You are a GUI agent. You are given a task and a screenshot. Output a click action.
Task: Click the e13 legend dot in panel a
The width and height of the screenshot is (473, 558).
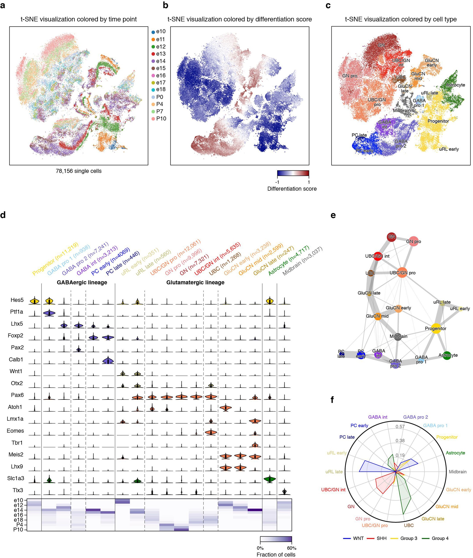[x=153, y=54]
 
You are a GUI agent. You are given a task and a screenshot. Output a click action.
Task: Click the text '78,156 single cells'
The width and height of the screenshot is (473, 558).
[x=79, y=171]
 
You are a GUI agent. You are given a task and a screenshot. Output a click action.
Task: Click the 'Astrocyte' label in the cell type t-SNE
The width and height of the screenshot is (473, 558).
[x=455, y=85]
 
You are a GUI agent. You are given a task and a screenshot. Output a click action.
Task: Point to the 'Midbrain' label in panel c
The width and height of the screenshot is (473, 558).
[x=402, y=110]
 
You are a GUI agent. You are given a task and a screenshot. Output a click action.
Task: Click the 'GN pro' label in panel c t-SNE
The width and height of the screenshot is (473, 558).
[x=350, y=76]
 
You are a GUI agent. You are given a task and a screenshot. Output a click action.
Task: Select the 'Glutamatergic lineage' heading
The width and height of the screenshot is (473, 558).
[x=195, y=282]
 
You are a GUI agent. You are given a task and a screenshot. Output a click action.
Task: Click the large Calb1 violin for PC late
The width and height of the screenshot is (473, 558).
[x=108, y=361]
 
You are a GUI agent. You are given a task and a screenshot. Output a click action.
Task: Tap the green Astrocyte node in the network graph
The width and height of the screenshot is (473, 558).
[x=447, y=355]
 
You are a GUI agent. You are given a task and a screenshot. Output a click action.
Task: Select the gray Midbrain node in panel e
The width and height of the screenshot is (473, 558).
[x=398, y=336]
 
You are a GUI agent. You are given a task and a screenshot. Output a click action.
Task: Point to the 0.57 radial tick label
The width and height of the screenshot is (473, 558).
[x=400, y=427]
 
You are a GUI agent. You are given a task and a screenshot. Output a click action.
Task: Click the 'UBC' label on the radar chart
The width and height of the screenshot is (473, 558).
[x=409, y=525]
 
